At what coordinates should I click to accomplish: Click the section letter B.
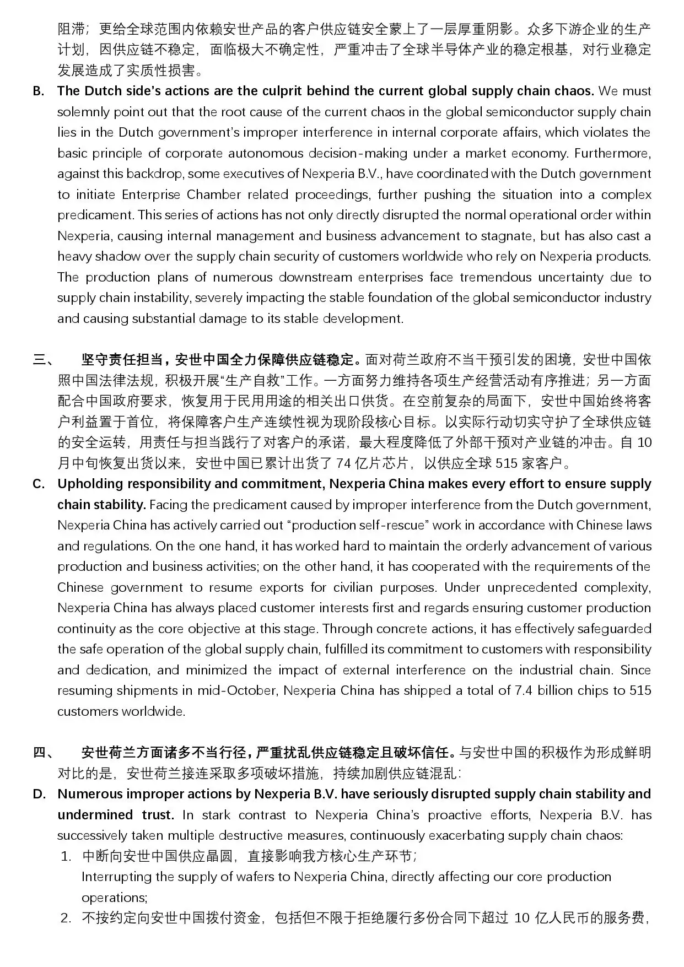(x=38, y=91)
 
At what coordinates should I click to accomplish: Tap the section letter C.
(x=38, y=484)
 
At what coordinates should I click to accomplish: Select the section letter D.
(x=39, y=795)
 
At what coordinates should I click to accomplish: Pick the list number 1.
(x=66, y=857)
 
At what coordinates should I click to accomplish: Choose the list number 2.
(x=66, y=919)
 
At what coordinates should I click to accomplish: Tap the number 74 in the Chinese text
(x=343, y=463)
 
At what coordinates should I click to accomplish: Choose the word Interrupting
(x=117, y=877)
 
